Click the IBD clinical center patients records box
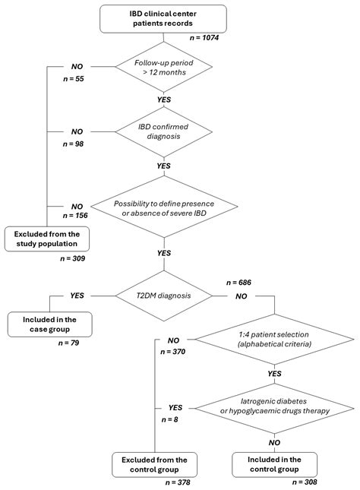click(163, 18)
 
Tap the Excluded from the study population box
click(47, 238)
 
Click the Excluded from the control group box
click(155, 464)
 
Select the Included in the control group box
click(274, 464)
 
